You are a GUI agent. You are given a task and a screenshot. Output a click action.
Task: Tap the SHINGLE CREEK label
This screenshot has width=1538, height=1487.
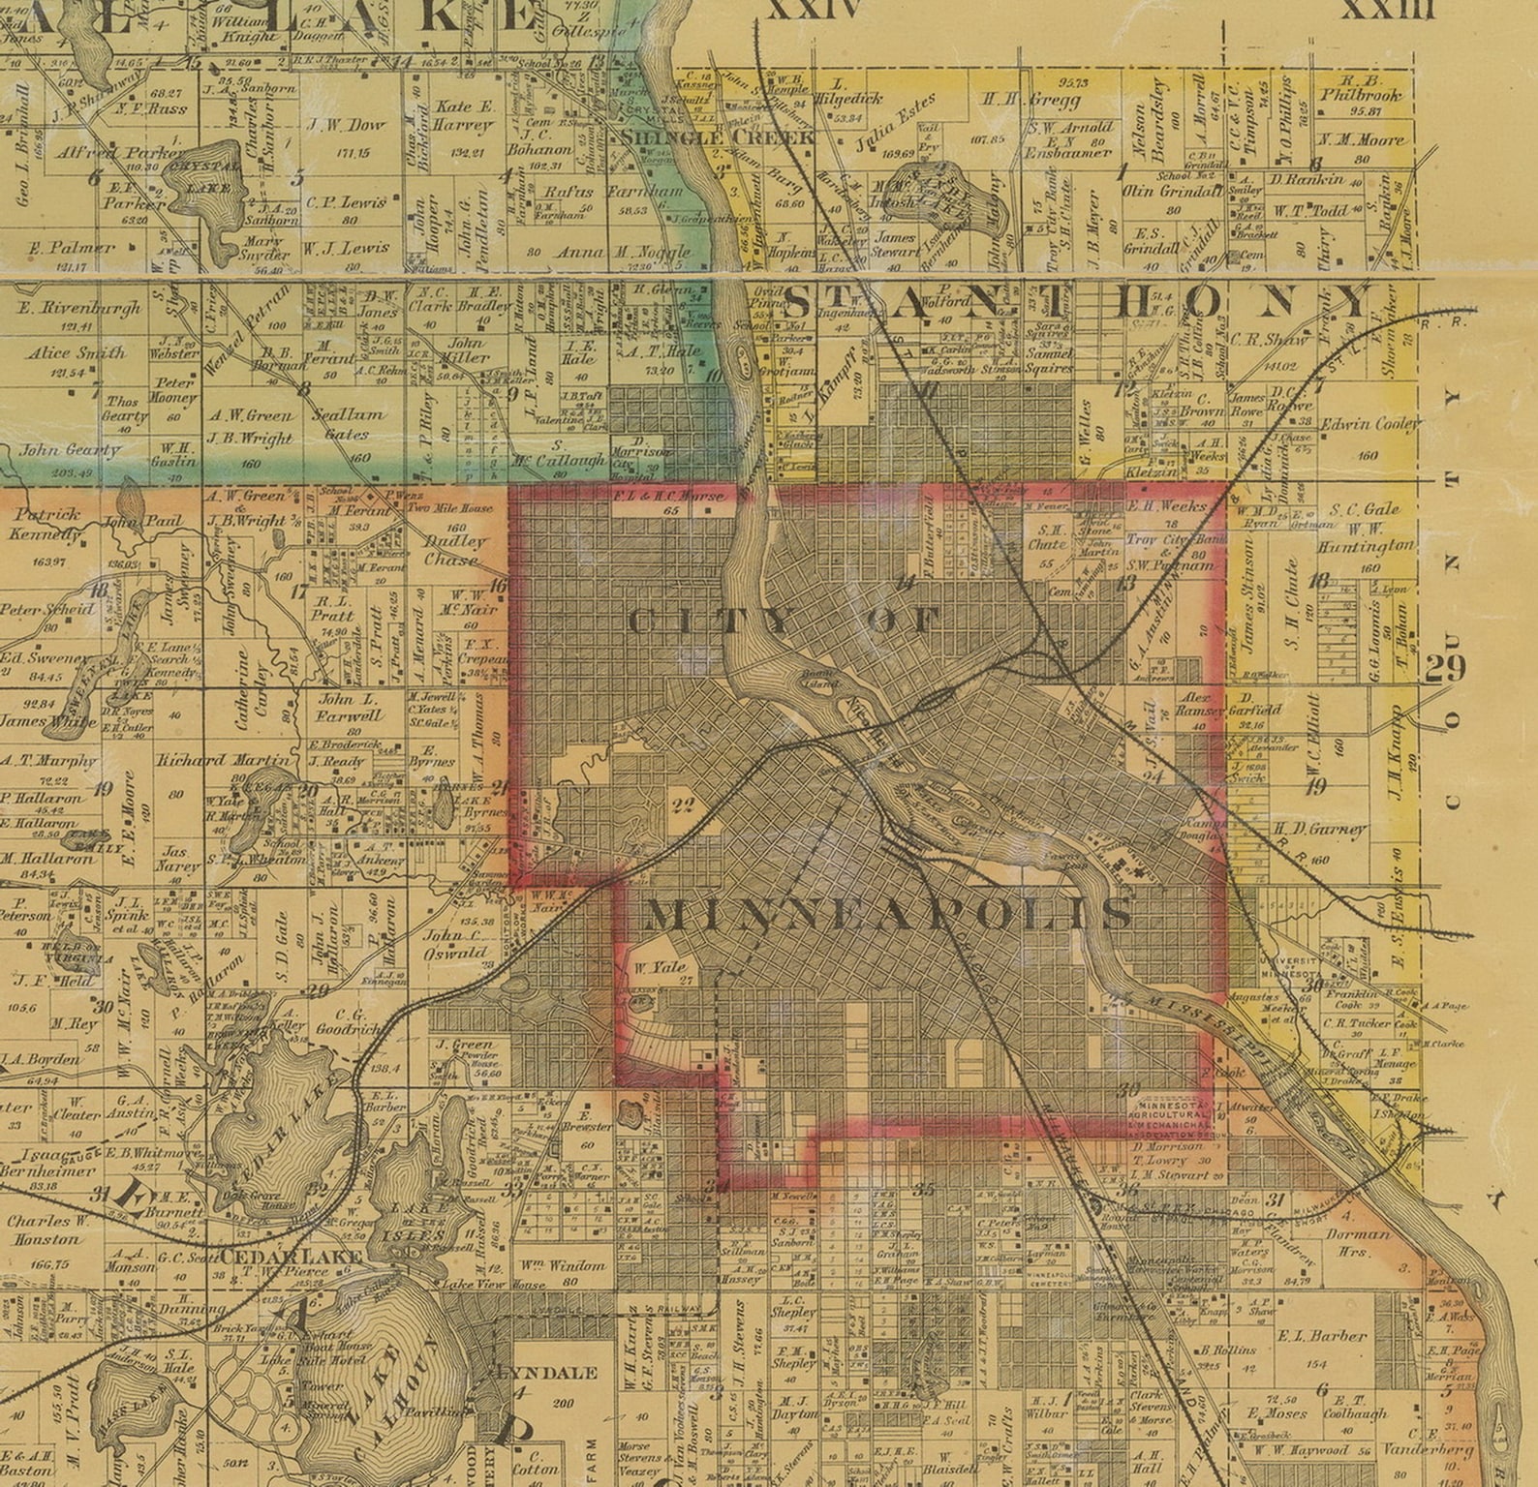[x=717, y=137]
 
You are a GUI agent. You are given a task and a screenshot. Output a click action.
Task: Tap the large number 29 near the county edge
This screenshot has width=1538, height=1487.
[x=1445, y=668]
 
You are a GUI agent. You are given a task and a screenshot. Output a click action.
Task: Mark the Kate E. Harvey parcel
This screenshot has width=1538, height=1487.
[x=465, y=115]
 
